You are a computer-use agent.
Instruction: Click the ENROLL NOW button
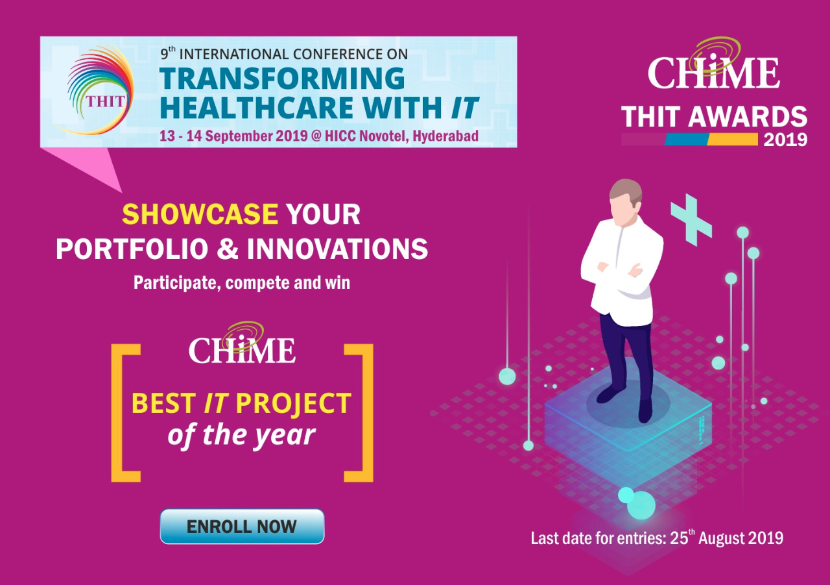tap(242, 527)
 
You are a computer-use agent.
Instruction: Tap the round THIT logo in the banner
tap(97, 89)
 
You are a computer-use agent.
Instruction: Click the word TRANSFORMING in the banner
tap(282, 79)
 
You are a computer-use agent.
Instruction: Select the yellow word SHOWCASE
tap(200, 214)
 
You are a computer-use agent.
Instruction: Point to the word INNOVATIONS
tap(338, 249)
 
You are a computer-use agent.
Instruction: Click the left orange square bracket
tap(126, 413)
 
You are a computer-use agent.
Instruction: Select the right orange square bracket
tap(359, 413)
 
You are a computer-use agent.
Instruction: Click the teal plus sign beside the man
tap(691, 220)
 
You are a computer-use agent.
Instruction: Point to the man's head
tap(626, 203)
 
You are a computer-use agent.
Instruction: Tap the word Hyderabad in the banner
tap(445, 136)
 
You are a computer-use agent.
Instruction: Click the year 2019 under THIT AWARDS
tap(785, 140)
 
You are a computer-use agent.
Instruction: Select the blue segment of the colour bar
tap(686, 139)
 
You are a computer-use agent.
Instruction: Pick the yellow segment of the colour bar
tap(733, 139)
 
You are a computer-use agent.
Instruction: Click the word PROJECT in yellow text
tap(294, 404)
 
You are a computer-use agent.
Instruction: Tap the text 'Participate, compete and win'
tap(242, 283)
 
